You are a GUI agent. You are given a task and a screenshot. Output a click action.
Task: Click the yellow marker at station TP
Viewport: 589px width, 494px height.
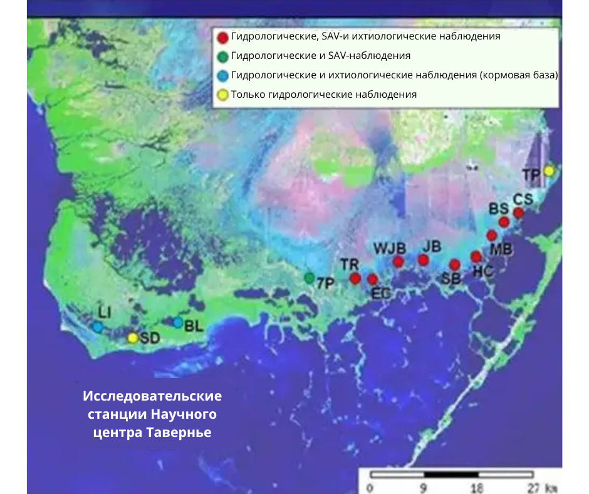(x=549, y=171)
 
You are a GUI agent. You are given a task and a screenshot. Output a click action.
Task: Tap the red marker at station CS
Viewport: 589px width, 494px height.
(x=518, y=213)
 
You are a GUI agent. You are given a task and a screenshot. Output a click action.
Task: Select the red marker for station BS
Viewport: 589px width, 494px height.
(x=503, y=222)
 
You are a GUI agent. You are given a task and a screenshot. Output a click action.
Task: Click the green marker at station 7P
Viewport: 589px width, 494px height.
(x=309, y=277)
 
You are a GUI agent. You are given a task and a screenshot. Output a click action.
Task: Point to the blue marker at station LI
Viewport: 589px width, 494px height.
(x=98, y=327)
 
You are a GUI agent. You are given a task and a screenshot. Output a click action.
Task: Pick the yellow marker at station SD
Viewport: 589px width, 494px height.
(x=132, y=338)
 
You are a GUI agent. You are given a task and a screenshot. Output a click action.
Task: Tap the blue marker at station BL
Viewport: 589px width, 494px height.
(x=178, y=322)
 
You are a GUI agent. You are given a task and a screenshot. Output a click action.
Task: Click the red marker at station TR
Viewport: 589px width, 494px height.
(x=355, y=278)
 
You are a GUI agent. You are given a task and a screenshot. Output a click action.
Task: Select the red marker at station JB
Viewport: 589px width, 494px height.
(x=423, y=260)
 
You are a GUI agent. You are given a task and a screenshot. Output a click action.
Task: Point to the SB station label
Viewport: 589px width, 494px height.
(x=451, y=280)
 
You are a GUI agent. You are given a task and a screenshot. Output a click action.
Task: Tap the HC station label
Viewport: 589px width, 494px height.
(x=482, y=271)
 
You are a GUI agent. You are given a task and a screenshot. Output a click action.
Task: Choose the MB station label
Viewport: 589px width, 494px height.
(x=501, y=248)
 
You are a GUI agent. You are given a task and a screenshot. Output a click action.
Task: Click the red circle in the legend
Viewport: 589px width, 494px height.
(x=222, y=38)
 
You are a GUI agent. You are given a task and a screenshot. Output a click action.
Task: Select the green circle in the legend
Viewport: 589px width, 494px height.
(x=222, y=56)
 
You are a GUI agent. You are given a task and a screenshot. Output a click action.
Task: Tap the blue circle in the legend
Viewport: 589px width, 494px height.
(x=222, y=76)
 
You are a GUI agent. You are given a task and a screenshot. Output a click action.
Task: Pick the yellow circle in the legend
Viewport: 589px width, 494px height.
(x=222, y=95)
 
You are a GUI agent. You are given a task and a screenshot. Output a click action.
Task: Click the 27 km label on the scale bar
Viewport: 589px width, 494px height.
(x=542, y=487)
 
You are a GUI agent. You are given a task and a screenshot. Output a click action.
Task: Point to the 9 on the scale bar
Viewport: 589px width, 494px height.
(x=424, y=487)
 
